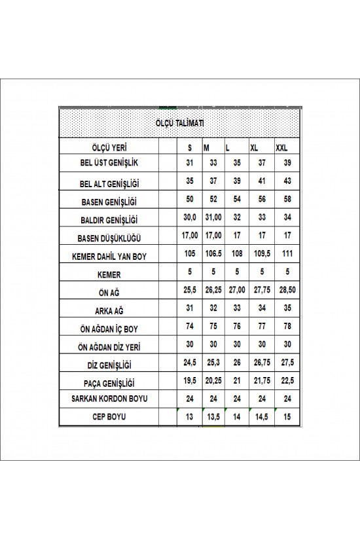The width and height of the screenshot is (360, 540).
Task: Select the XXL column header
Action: click(x=282, y=149)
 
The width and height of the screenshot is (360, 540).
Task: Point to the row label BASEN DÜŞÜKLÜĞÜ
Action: click(x=109, y=237)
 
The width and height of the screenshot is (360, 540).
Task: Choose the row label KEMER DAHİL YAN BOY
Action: click(x=109, y=255)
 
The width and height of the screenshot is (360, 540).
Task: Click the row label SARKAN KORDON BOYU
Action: click(x=109, y=398)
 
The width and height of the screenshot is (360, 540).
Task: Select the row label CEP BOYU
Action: click(x=109, y=416)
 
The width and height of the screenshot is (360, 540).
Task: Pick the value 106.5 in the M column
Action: click(x=212, y=253)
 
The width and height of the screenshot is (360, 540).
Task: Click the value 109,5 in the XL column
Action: click(x=261, y=253)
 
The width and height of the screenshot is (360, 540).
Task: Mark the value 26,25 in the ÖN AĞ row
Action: click(x=212, y=289)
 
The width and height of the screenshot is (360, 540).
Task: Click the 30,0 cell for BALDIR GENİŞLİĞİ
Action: click(x=190, y=217)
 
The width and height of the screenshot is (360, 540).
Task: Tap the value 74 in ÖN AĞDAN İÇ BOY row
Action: click(x=190, y=325)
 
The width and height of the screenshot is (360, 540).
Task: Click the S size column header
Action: click(x=190, y=149)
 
